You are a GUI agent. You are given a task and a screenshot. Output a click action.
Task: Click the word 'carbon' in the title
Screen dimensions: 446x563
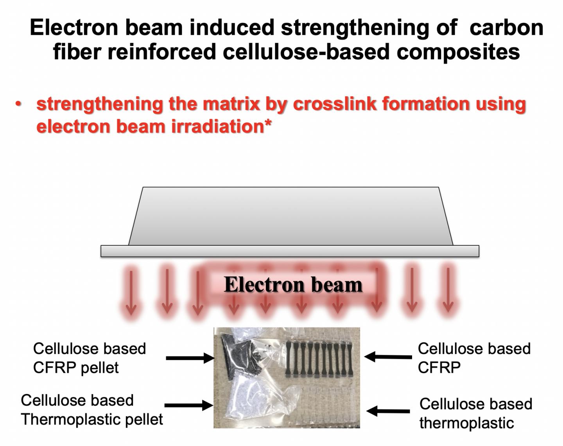coord(506,28)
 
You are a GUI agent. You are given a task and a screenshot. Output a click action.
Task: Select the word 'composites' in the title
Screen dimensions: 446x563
coord(458,52)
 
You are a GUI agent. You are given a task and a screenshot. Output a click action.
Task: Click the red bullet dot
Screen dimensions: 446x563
coord(18,104)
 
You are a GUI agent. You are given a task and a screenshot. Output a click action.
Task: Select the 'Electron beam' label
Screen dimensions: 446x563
coord(293,284)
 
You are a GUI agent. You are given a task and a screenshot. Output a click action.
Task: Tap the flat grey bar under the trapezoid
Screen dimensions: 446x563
coord(290,251)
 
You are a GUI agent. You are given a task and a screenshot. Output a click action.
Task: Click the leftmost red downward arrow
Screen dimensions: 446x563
coord(131,291)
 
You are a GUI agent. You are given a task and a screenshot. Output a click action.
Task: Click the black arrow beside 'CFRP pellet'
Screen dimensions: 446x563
coord(190,358)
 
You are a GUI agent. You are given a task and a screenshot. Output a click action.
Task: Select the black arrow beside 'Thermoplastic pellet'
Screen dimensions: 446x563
coord(189,405)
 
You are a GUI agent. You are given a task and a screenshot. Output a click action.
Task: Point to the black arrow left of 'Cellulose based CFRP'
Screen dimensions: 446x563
coord(388,356)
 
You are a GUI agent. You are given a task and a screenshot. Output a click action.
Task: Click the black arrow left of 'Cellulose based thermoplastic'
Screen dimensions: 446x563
coord(388,411)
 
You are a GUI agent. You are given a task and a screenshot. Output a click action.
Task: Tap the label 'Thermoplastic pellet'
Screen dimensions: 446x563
coord(92,419)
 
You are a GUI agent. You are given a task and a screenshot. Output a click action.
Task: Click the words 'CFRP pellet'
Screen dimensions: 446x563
coord(76,368)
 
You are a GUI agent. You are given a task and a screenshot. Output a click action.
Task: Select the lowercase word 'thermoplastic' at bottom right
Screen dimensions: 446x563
coord(466,423)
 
